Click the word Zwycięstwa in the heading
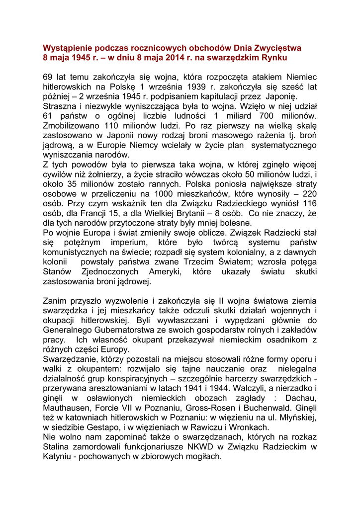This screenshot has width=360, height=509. pyautogui.click(x=276, y=48)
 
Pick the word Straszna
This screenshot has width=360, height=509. pyautogui.click(x=62, y=106)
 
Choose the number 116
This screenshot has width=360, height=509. pyautogui.click(x=310, y=203)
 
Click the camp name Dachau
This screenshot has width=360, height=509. pyautogui.click(x=300, y=398)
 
